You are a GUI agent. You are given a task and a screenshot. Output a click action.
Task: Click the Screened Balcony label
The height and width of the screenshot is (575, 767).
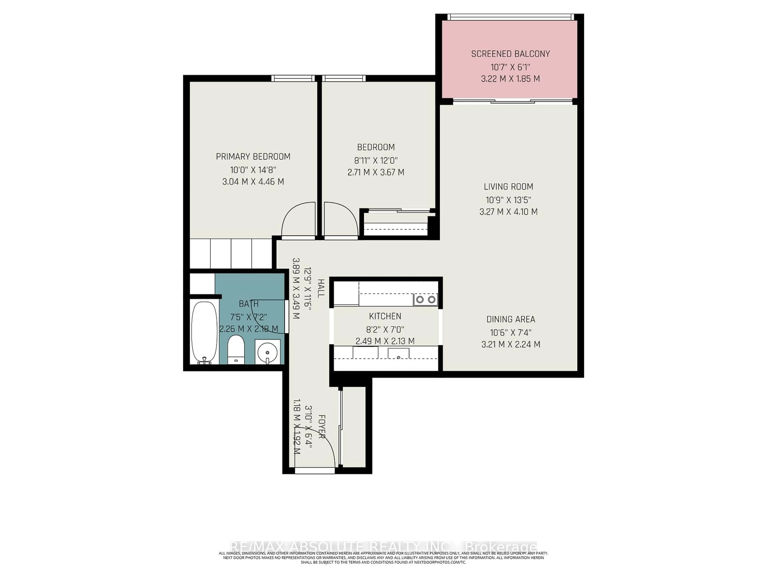510,54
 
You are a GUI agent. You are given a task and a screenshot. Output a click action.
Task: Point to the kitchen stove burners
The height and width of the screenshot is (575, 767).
425,299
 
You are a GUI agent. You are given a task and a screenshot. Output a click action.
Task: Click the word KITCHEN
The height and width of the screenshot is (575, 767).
385,316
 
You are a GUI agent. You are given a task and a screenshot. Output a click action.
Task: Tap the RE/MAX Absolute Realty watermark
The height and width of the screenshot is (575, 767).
383,547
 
